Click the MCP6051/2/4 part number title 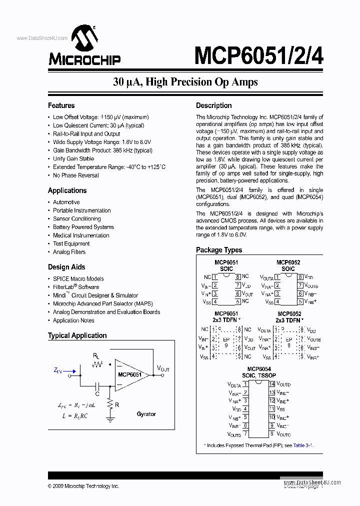click(258, 55)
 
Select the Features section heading click(61, 105)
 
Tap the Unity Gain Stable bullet click(73, 158)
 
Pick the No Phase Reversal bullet click(76, 175)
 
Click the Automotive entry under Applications click(66, 202)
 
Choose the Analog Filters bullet click(69, 252)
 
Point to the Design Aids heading click(66, 267)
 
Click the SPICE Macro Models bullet click(78, 278)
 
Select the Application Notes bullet click(73, 320)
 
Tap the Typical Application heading click(77, 335)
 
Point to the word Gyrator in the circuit click(146, 414)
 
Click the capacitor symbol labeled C click(98, 385)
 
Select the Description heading click(213, 105)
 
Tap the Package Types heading click(219, 250)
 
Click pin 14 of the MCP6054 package click(272, 384)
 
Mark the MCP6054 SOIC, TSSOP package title click(259, 371)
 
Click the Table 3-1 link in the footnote click(303, 445)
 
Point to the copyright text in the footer click(83, 486)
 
